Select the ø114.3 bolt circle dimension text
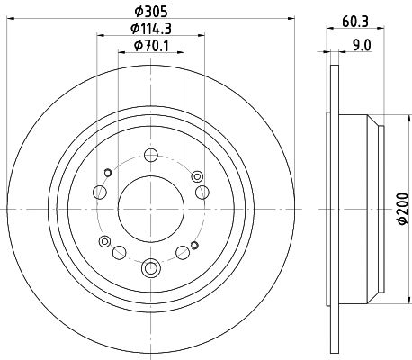point(152,31)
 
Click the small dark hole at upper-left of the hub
point(108,172)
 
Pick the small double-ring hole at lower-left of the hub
point(105,241)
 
